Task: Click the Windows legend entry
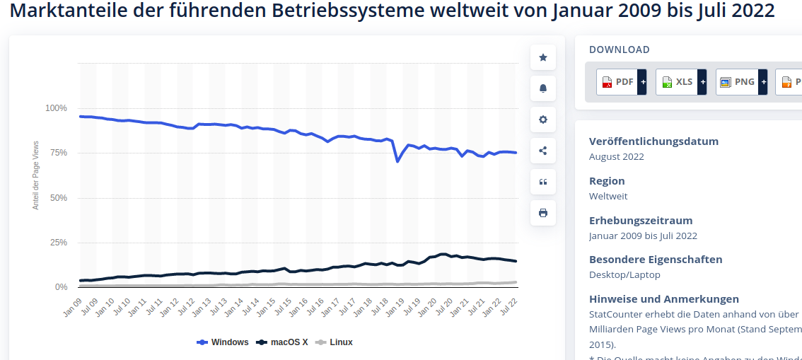pyautogui.click(x=223, y=342)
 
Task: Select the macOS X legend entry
pyautogui.click(x=282, y=342)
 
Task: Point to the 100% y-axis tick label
pyautogui.click(x=56, y=108)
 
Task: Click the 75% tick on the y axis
pyautogui.click(x=58, y=153)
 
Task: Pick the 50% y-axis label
pyautogui.click(x=58, y=198)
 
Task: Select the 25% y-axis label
pyautogui.click(x=58, y=243)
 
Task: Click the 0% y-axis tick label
pyautogui.click(x=61, y=287)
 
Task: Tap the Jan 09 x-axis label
pyautogui.click(x=73, y=308)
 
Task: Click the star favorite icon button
pyautogui.click(x=543, y=57)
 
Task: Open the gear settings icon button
pyautogui.click(x=543, y=120)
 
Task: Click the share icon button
pyautogui.click(x=543, y=151)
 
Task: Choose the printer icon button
pyautogui.click(x=543, y=213)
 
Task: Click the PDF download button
pyautogui.click(x=617, y=82)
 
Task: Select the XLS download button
pyautogui.click(x=676, y=82)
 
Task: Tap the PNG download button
pyautogui.click(x=736, y=82)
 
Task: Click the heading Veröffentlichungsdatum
pyautogui.click(x=653, y=141)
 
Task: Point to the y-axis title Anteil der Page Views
pyautogui.click(x=36, y=175)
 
